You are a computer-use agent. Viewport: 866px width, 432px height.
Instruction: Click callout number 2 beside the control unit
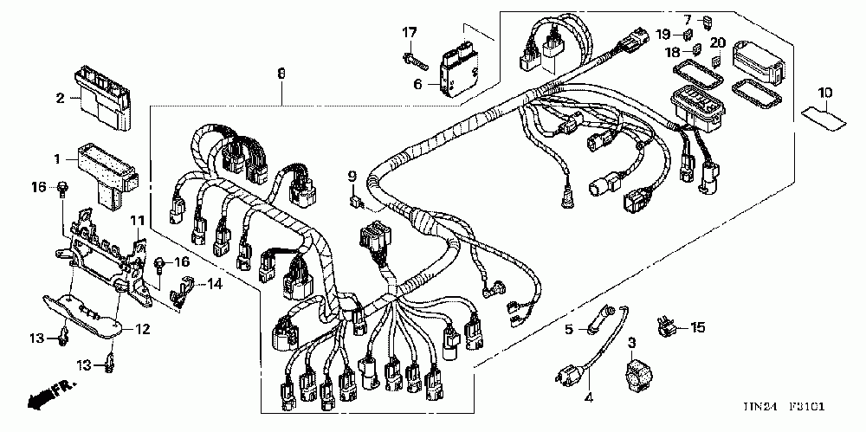click(x=61, y=98)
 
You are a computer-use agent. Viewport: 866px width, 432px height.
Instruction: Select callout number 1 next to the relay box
click(x=58, y=159)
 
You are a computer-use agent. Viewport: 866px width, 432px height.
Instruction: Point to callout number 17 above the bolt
click(x=409, y=33)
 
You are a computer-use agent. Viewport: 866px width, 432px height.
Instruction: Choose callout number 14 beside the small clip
click(x=213, y=283)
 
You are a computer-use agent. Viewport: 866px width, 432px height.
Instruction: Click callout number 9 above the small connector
click(x=352, y=177)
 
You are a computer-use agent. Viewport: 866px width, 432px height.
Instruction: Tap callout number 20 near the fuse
click(x=717, y=42)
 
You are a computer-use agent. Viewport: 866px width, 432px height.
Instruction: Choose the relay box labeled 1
click(x=105, y=171)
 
